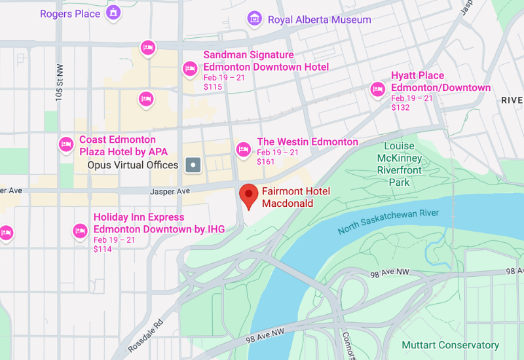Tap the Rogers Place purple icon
[114, 12]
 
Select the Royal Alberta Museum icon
[253, 19]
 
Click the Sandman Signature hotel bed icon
[191, 67]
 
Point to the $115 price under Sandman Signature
[213, 86]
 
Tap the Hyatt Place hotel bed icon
[378, 88]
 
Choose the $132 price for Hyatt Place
[400, 107]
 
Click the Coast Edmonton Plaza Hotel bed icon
[66, 144]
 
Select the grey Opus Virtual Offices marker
[193, 165]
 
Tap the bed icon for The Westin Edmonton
[244, 149]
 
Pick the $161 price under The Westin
[266, 162]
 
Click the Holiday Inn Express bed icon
[80, 230]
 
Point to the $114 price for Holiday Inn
[103, 249]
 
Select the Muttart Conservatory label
[450, 345]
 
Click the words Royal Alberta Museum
[319, 20]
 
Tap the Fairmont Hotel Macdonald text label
[295, 197]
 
